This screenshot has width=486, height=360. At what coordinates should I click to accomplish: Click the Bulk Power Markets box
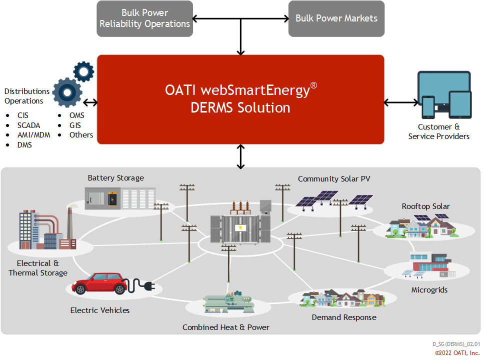click(336, 18)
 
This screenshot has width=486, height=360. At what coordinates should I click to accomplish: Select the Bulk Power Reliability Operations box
click(144, 18)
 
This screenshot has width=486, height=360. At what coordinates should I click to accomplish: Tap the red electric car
click(100, 283)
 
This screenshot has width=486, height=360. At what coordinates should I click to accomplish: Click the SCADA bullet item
click(28, 125)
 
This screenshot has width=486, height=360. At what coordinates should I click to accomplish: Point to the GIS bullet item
click(75, 125)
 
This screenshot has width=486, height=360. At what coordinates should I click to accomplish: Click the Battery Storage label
click(115, 178)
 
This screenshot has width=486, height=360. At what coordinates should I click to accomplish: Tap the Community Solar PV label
click(334, 179)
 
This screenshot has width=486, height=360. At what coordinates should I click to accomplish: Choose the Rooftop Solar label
click(425, 206)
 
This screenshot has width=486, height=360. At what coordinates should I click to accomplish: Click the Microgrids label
click(429, 290)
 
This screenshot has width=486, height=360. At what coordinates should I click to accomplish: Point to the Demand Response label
click(344, 317)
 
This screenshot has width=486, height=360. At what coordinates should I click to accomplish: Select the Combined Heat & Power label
click(225, 327)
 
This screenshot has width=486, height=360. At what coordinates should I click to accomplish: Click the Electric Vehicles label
click(99, 310)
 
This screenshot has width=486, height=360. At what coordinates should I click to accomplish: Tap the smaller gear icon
click(83, 71)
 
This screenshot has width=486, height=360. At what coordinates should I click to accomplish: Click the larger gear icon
click(67, 92)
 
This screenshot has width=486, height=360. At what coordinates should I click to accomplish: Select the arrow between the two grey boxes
click(240, 19)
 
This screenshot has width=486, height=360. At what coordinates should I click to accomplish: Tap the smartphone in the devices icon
click(428, 107)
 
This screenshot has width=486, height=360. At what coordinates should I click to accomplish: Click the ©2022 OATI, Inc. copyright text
click(457, 353)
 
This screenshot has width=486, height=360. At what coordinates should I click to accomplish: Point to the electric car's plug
click(149, 286)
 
